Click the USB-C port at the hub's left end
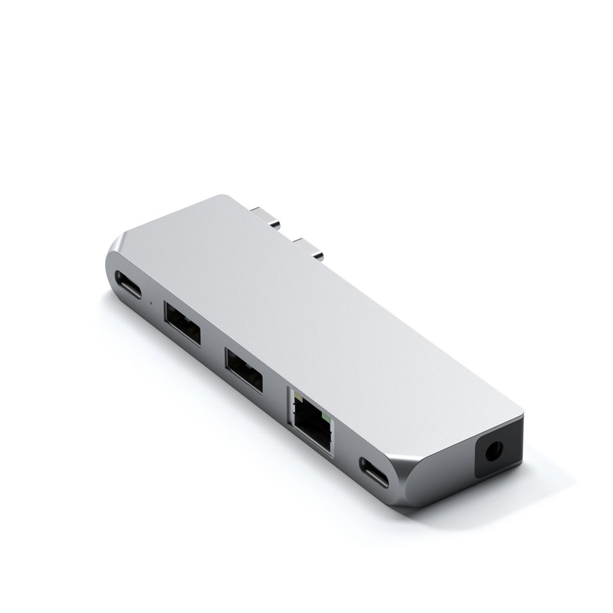[129, 285]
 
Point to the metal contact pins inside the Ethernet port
[310, 429]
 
